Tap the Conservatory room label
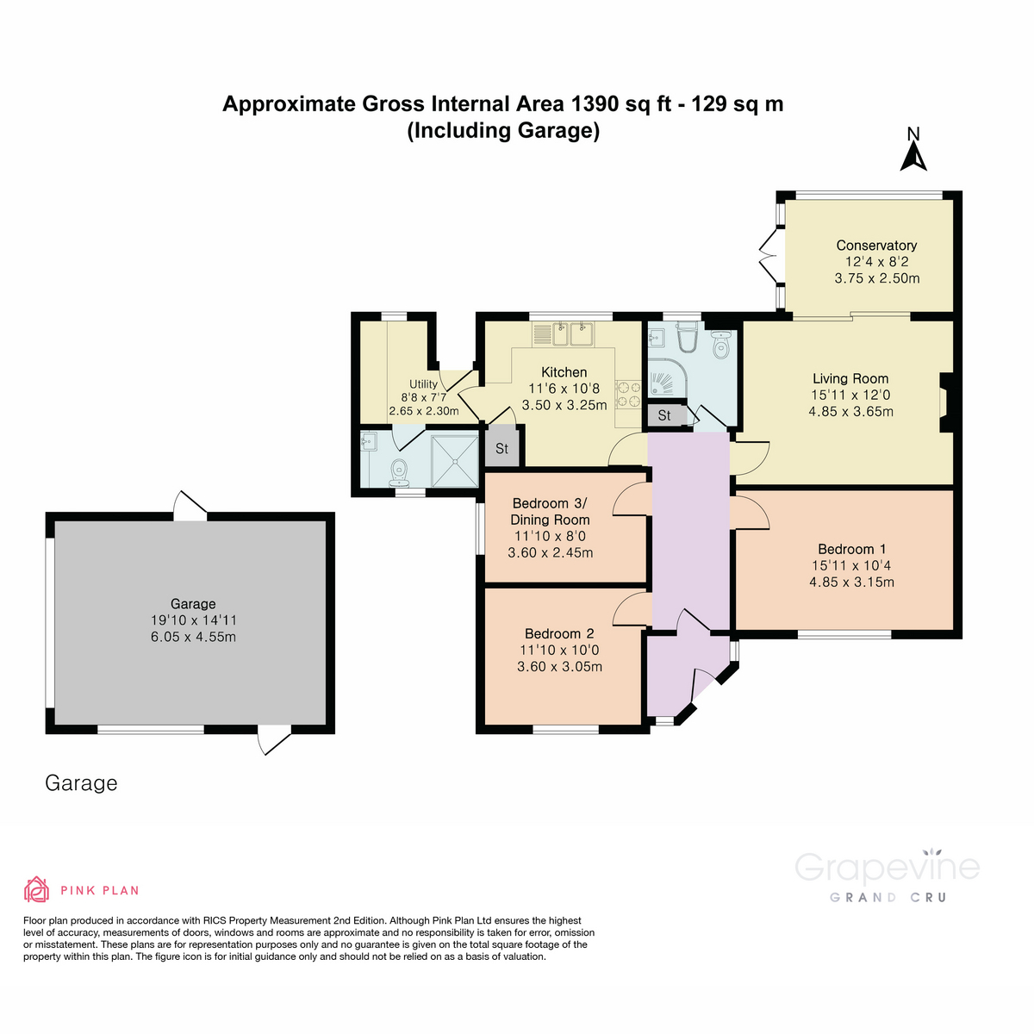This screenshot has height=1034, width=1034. [876, 246]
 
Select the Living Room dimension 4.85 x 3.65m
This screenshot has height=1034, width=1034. [850, 412]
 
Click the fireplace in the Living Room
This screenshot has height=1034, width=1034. [945, 402]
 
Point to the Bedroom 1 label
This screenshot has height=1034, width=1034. [851, 549]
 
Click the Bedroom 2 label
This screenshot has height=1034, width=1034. [559, 633]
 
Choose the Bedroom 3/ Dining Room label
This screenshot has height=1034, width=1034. [550, 511]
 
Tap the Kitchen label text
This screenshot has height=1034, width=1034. [564, 372]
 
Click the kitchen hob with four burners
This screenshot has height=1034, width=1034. [628, 393]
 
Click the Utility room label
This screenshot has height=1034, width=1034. [423, 384]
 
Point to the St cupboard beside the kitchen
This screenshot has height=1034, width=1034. [501, 448]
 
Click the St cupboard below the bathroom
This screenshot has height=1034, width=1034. [664, 415]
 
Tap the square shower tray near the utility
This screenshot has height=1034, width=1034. [454, 460]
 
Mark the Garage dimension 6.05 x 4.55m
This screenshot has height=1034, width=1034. [193, 637]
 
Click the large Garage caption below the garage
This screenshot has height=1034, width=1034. [81, 782]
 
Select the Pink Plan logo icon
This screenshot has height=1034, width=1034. [36, 889]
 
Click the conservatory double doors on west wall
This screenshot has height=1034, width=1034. [769, 255]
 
